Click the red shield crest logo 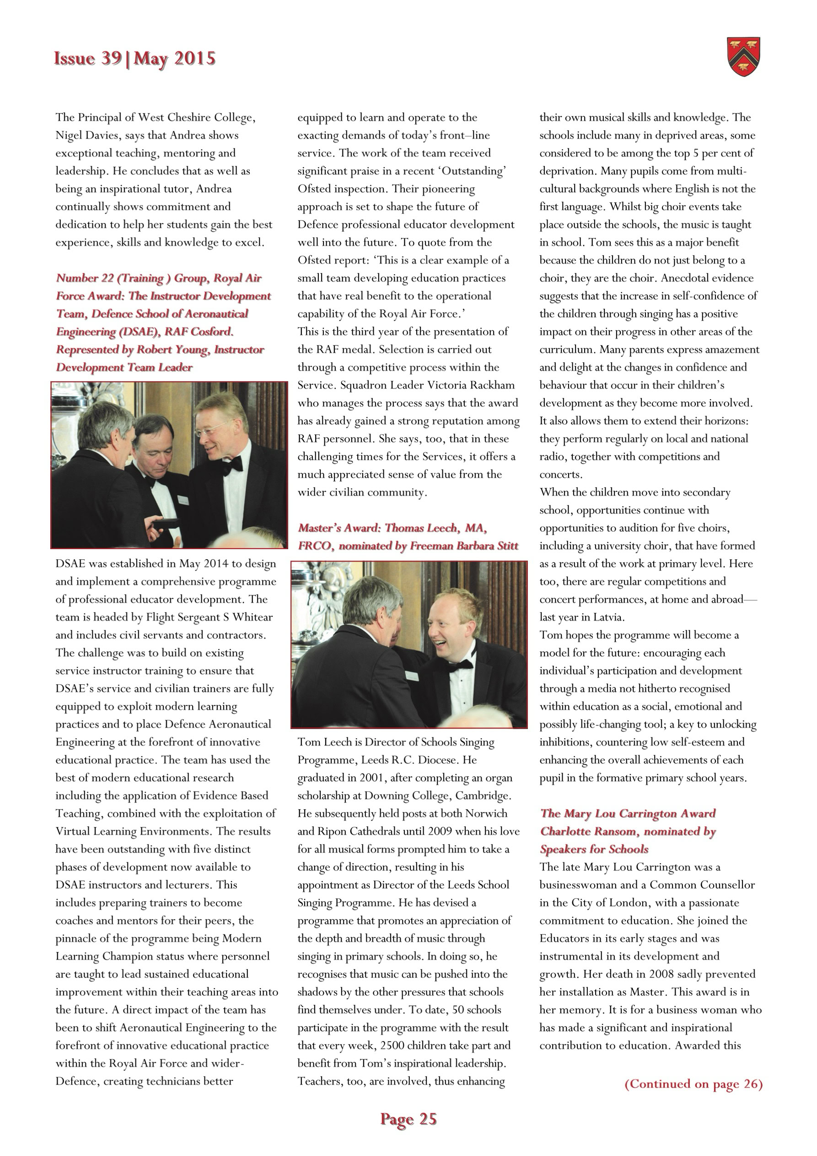click(x=743, y=57)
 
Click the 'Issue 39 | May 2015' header click(x=134, y=59)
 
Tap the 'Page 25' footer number click(x=408, y=1119)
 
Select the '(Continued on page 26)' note click(x=693, y=1084)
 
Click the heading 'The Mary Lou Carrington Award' click(x=627, y=814)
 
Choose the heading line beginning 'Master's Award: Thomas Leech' click(x=392, y=528)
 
